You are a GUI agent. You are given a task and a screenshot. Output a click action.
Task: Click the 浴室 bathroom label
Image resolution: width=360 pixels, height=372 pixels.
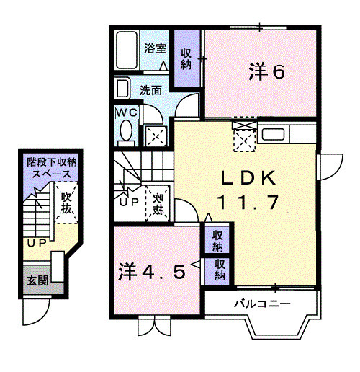pyautogui.click(x=155, y=49)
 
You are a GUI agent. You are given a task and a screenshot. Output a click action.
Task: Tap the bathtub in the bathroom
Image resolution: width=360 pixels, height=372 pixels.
pyautogui.click(x=127, y=50)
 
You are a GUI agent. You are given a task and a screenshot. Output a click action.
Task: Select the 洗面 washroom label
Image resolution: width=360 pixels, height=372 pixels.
pyautogui.click(x=150, y=92)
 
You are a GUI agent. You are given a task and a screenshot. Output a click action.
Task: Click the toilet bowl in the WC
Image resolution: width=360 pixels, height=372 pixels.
pyautogui.click(x=126, y=133)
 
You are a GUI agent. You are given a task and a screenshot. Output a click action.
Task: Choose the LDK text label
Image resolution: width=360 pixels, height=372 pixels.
pyautogui.click(x=244, y=177)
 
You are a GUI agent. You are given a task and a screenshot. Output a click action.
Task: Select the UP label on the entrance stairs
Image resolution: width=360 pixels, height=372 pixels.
pyautogui.click(x=35, y=243)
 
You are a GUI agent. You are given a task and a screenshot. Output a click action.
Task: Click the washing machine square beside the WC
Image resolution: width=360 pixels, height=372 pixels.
pyautogui.click(x=156, y=134)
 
